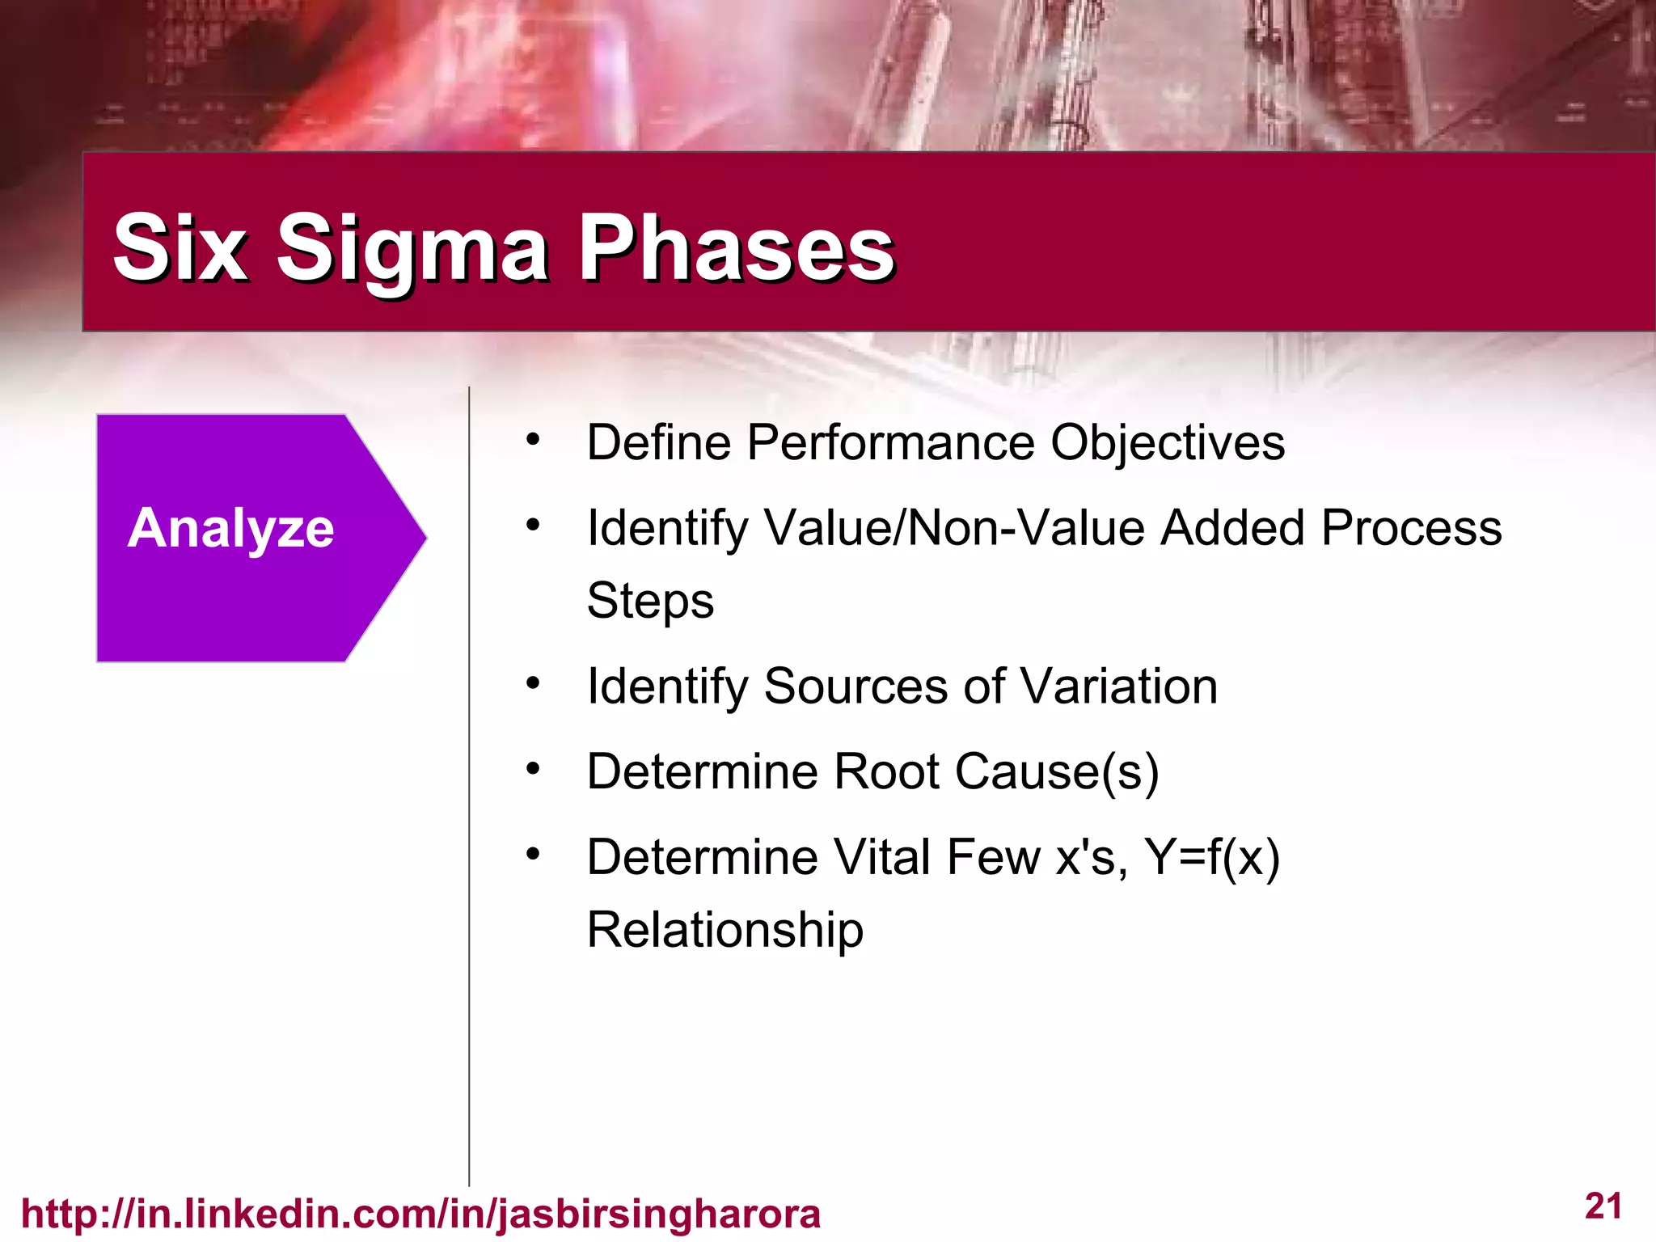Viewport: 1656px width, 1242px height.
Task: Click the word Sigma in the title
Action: point(412,251)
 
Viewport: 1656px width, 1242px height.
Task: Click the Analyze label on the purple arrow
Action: point(230,529)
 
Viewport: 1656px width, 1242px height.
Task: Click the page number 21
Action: point(1603,1206)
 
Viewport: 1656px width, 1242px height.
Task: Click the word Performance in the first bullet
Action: point(890,443)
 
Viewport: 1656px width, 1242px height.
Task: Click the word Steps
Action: point(650,601)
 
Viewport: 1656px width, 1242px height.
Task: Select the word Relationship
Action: point(724,930)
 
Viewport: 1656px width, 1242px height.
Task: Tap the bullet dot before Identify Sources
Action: point(532,683)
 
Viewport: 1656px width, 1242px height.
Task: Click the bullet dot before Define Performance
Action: point(532,440)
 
